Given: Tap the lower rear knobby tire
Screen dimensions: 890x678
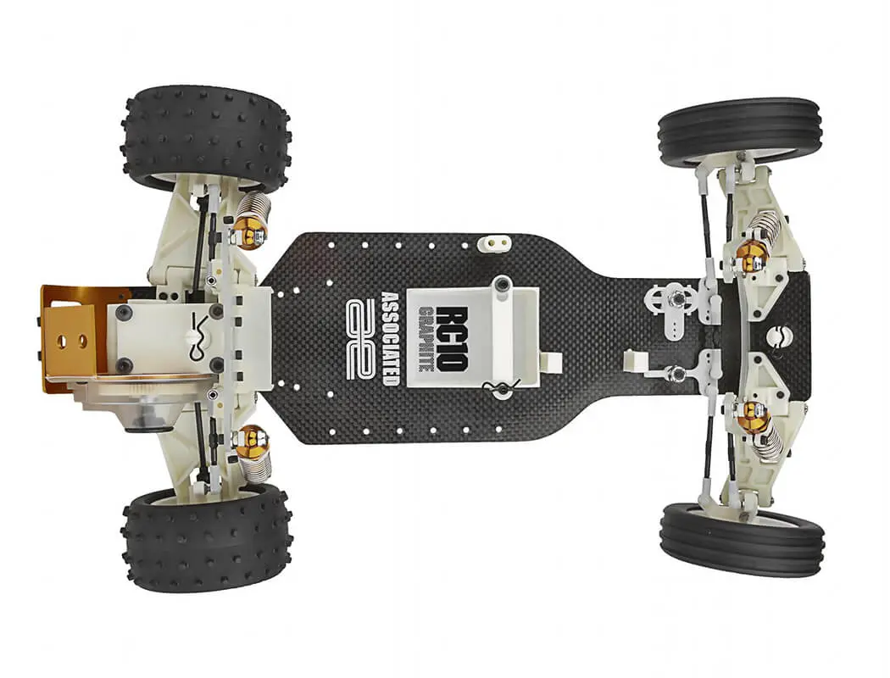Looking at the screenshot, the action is (x=207, y=536).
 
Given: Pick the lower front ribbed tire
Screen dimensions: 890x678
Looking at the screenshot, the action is (x=743, y=530).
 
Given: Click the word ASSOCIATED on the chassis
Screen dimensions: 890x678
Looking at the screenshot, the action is (x=391, y=338).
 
